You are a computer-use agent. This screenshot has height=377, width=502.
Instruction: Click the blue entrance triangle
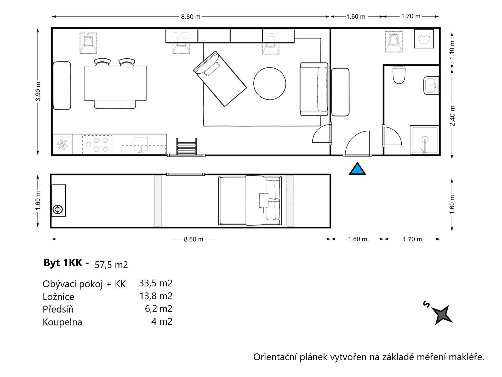tap(357, 169)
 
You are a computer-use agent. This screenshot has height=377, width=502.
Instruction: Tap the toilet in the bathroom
tap(399, 75)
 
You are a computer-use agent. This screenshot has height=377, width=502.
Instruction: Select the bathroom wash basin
tap(431, 85)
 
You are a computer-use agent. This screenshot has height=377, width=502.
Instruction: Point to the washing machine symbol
tap(424, 39)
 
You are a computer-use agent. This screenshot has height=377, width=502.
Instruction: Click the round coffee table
tap(270, 84)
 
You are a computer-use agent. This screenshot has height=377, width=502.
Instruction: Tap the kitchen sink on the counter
tap(141, 145)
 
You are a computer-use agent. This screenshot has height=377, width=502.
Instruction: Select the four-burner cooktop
tap(97, 145)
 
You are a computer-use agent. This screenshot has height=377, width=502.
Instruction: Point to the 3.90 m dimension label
tap(38, 91)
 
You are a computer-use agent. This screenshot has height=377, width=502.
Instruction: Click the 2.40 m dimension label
tap(452, 116)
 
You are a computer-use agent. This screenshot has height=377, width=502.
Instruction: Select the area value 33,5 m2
tap(156, 283)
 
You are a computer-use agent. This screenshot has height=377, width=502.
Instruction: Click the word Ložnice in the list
tap(59, 297)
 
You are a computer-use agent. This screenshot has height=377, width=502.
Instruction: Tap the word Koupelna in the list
tap(62, 322)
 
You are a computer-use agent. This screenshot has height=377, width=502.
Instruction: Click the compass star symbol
tap(442, 315)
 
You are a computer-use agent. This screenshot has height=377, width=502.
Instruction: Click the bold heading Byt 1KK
tap(63, 263)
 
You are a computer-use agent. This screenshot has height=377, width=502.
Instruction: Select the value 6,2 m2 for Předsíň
tap(159, 309)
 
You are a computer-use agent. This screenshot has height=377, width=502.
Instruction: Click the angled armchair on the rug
tap(220, 79)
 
